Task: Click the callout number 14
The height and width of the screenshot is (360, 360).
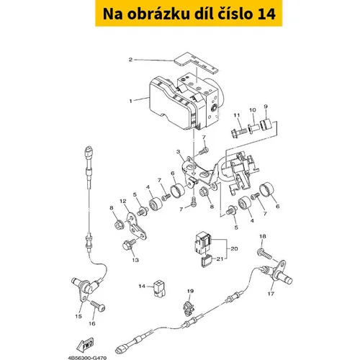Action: tap(142, 286)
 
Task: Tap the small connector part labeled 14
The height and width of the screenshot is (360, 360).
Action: tap(159, 288)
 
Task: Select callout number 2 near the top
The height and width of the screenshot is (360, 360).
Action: tap(130, 60)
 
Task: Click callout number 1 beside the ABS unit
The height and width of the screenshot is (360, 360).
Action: tap(130, 101)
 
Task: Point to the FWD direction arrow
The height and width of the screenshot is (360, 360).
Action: tap(85, 345)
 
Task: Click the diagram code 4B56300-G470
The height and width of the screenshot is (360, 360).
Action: tap(87, 358)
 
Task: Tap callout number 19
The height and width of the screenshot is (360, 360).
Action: tap(190, 291)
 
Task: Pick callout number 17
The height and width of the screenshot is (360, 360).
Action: tap(271, 293)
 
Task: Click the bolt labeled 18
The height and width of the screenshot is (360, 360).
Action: tap(265, 254)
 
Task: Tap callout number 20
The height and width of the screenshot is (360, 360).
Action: tap(234, 248)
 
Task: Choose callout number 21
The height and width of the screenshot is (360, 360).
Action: tap(220, 258)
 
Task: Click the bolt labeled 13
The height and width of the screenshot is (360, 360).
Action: tap(129, 243)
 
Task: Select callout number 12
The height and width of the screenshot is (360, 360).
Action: tap(123, 201)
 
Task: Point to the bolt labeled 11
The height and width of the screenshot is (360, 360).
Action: tap(239, 132)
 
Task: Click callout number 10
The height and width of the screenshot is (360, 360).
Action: tap(253, 110)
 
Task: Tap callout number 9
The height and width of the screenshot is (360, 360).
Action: tap(266, 107)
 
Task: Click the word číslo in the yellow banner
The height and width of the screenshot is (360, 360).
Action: tap(232, 14)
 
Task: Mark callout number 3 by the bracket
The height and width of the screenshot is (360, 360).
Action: tap(178, 152)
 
